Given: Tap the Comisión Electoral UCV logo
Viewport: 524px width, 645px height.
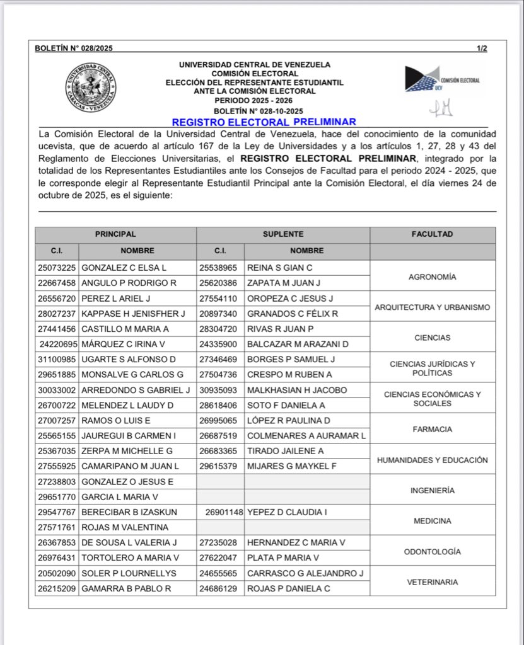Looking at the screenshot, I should point(442,79).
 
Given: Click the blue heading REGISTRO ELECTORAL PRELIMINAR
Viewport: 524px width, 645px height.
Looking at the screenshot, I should point(264,122).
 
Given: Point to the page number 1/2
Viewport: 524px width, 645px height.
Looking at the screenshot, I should point(482,49).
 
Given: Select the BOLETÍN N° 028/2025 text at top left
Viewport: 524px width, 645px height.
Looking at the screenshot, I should point(74,49).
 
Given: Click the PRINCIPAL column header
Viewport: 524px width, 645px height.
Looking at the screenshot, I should point(115,234).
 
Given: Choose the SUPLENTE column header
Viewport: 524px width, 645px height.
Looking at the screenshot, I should point(283,234).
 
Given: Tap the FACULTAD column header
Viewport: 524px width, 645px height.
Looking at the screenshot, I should point(432,234).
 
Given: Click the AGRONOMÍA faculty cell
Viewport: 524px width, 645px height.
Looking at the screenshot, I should point(432,277).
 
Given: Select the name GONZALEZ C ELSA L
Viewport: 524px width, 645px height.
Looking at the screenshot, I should point(124,268).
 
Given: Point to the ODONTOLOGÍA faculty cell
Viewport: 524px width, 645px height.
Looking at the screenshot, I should point(432,552).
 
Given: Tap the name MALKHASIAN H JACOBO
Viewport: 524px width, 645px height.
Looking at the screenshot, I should point(297,390).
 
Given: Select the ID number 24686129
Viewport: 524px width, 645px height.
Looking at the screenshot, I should point(219,588).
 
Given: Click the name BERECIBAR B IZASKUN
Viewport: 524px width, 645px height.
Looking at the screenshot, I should point(129,512).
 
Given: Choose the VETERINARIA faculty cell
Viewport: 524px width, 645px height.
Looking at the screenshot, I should point(432,582).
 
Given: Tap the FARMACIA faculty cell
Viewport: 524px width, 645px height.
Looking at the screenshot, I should point(432,430).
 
